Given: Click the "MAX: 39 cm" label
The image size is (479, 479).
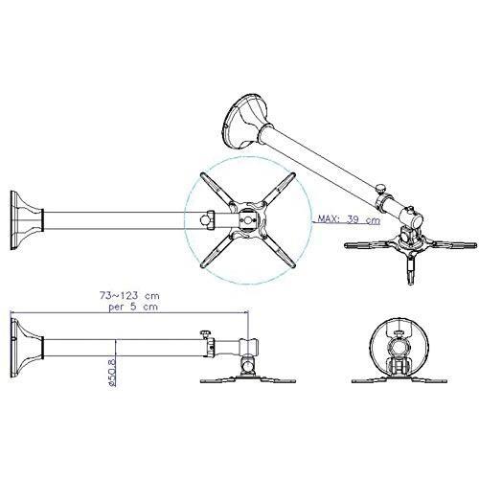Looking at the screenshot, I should point(346,218).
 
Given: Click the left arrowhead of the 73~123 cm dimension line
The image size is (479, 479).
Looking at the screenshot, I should point(13,311).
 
